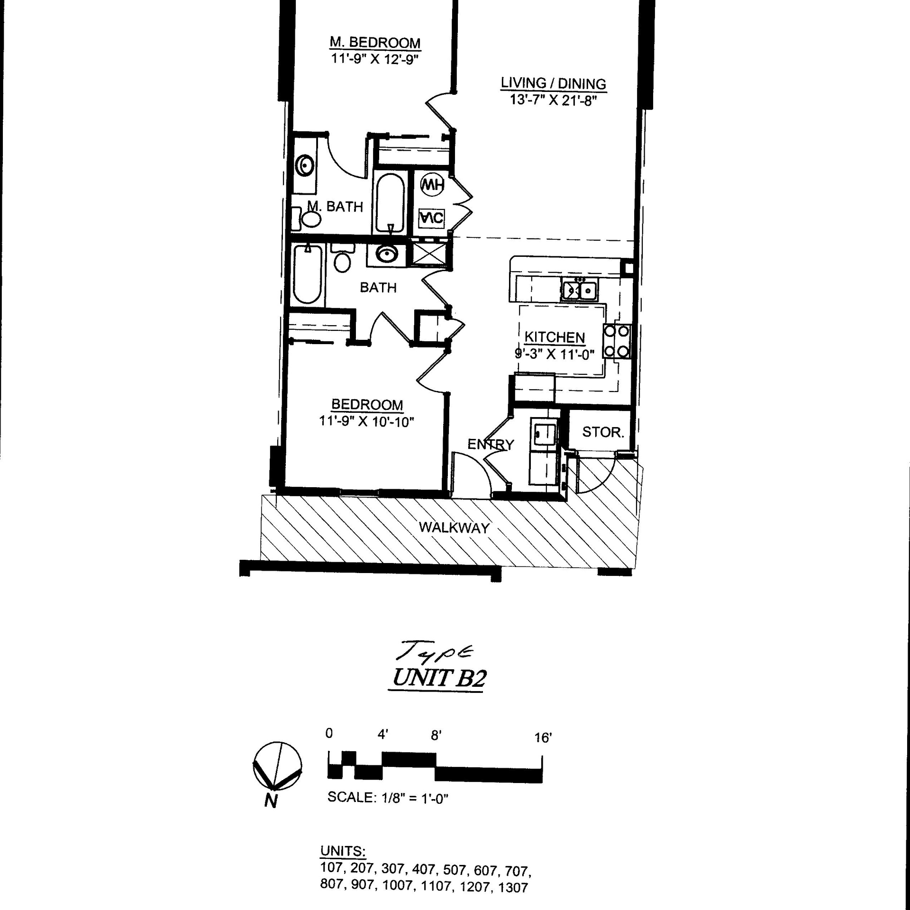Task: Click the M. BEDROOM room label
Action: [375, 43]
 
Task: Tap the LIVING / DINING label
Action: [554, 84]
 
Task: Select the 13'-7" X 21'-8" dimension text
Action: [552, 100]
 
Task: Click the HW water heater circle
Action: [432, 185]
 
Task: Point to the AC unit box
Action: [432, 218]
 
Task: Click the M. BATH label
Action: [335, 207]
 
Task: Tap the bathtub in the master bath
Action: [391, 204]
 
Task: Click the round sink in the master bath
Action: [304, 166]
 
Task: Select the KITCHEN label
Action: [555, 337]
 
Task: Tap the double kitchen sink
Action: [580, 290]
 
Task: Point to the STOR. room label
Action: [603, 432]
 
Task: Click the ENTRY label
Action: [491, 445]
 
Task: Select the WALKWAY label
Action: [454, 528]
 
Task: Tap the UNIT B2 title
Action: [438, 679]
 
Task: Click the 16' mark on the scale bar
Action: [543, 738]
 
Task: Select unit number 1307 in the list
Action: [513, 887]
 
